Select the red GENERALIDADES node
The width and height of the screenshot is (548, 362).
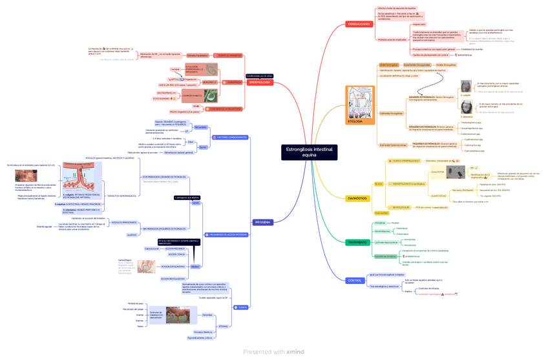(x=359, y=24)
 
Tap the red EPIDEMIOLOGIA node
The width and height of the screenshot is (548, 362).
(x=259, y=83)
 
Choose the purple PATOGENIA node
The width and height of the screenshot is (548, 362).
(x=262, y=222)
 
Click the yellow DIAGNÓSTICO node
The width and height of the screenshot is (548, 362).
(x=357, y=198)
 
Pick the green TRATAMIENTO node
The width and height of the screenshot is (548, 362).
(x=357, y=243)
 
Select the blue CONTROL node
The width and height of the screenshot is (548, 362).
(x=355, y=280)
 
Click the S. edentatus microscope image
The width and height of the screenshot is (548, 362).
(x=465, y=108)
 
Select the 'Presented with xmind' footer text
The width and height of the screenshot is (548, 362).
(x=273, y=352)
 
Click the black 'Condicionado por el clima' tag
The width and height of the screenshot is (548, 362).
(x=260, y=75)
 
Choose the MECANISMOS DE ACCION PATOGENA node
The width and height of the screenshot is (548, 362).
(x=226, y=234)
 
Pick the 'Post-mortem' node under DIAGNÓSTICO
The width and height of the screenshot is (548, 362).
(x=381, y=212)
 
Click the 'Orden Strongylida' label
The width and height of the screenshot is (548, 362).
(x=388, y=65)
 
